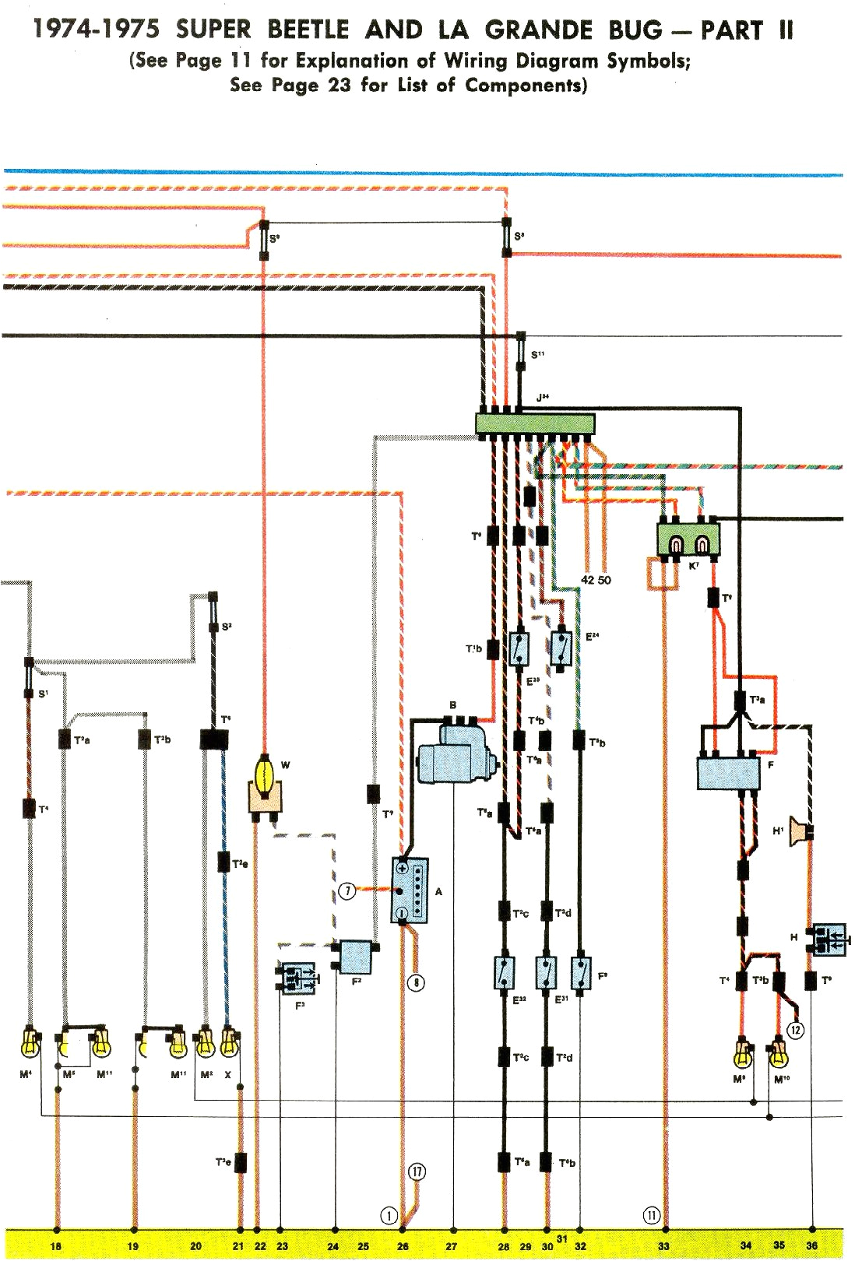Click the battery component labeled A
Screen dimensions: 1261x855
[410, 890]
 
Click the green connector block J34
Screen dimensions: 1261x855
[535, 423]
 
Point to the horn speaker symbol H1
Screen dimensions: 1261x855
[799, 831]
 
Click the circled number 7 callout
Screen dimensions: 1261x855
[347, 890]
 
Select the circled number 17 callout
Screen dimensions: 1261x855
[417, 1171]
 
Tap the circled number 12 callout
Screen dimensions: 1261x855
[795, 1030]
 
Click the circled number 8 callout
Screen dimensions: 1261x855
[417, 982]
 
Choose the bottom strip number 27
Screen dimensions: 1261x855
[452, 1246]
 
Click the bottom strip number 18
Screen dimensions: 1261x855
[55, 1246]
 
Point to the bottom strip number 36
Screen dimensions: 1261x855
[812, 1245]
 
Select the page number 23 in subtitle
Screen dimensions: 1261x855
[340, 85]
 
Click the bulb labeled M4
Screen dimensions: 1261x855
[30, 1042]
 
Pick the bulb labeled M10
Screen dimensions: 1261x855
[777, 1055]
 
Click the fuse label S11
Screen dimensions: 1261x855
[537, 355]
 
